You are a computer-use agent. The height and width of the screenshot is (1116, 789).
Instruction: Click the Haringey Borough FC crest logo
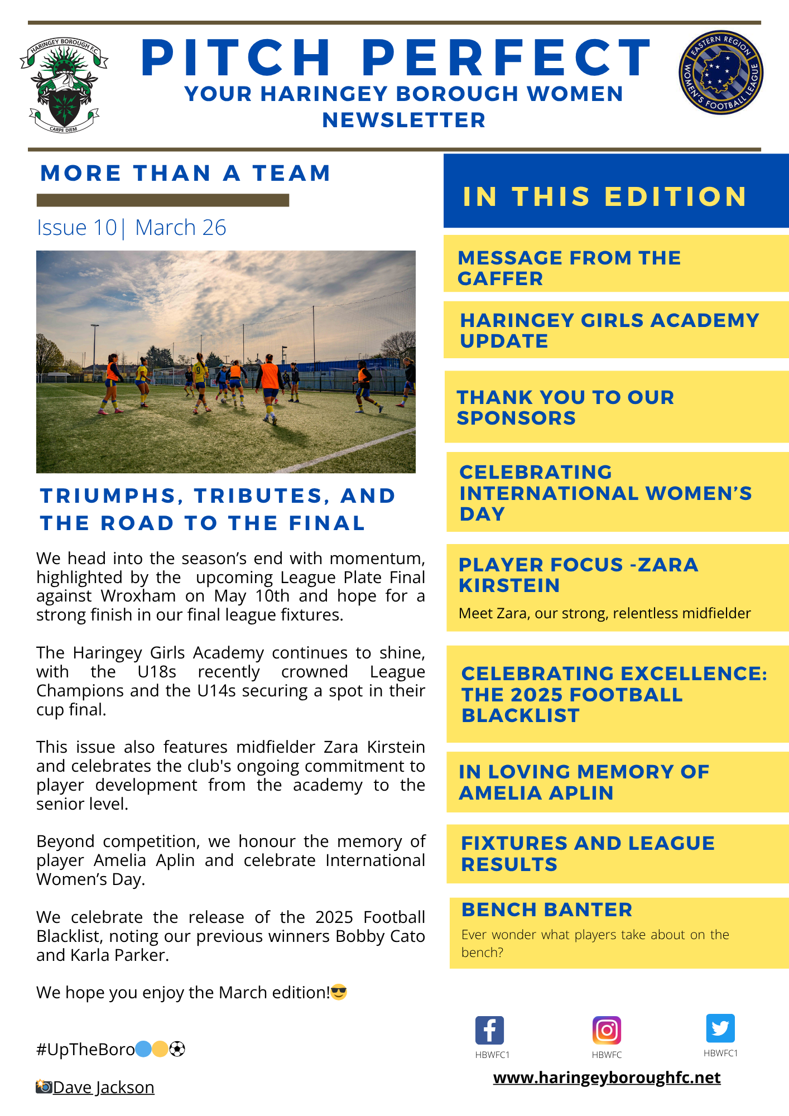(x=64, y=85)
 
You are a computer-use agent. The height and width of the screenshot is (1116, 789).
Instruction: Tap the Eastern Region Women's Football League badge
(x=720, y=73)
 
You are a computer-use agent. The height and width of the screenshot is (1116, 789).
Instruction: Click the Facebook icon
(x=489, y=1030)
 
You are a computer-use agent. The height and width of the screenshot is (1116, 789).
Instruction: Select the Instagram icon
(x=607, y=1030)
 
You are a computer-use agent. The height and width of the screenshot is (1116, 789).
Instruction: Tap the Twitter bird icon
(x=720, y=1028)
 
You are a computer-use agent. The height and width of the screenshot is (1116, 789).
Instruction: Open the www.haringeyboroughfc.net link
(x=607, y=1077)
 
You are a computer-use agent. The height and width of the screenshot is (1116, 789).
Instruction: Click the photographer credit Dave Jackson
(x=103, y=1088)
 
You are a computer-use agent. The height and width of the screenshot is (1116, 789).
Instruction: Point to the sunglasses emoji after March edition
(x=339, y=993)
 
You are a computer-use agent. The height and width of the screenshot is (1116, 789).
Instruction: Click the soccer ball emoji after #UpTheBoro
(x=177, y=1050)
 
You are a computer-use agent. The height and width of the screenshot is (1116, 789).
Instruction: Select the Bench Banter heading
(x=547, y=910)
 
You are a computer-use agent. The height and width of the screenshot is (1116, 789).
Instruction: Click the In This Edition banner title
(x=605, y=196)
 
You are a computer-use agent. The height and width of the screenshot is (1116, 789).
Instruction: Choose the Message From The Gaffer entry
(x=569, y=268)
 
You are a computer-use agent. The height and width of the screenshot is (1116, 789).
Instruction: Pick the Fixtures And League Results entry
(x=588, y=854)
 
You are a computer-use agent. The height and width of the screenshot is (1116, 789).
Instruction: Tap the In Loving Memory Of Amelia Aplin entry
(x=584, y=782)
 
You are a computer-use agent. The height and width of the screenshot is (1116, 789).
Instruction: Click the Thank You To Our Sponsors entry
(x=565, y=407)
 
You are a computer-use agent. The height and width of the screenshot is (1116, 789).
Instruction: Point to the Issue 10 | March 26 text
(x=132, y=228)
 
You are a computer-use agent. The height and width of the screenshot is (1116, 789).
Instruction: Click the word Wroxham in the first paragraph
(x=138, y=596)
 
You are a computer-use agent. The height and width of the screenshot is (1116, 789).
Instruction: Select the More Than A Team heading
(x=186, y=173)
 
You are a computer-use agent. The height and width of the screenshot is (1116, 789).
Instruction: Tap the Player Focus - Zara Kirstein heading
(x=578, y=575)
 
